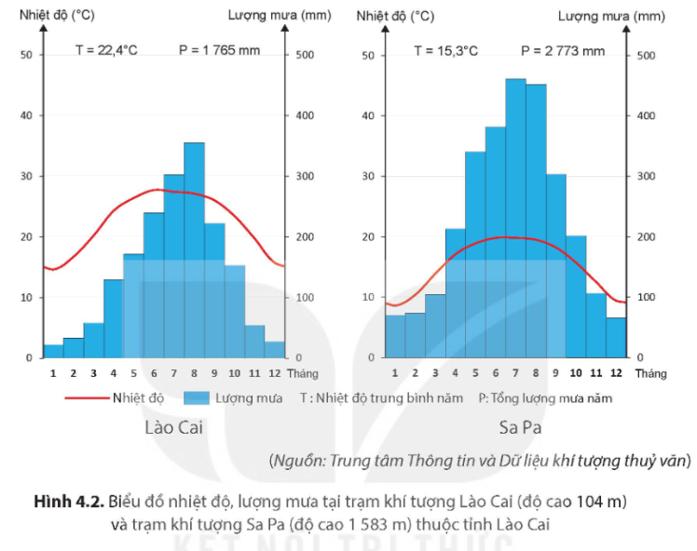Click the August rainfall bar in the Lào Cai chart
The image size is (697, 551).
194,250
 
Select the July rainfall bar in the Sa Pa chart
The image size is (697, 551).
515,218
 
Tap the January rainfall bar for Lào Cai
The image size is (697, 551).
53,351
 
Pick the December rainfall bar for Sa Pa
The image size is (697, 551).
616,338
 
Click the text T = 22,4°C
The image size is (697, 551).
106,50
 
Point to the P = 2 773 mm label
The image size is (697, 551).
563,51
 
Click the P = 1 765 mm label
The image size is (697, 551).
219,50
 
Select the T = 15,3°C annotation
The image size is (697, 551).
445,51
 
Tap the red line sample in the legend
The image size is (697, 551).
87,397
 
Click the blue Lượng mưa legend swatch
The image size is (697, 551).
197,397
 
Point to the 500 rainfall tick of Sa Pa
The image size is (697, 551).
646,56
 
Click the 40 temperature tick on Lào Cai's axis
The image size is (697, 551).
27,115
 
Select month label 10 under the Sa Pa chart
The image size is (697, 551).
576,373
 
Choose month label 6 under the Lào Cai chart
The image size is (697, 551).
154,373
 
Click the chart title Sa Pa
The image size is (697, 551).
520,427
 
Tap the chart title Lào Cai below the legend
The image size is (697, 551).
174,427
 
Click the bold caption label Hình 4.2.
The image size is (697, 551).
69,502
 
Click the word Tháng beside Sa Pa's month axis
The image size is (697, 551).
650,373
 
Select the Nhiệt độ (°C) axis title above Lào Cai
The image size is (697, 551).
57,15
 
